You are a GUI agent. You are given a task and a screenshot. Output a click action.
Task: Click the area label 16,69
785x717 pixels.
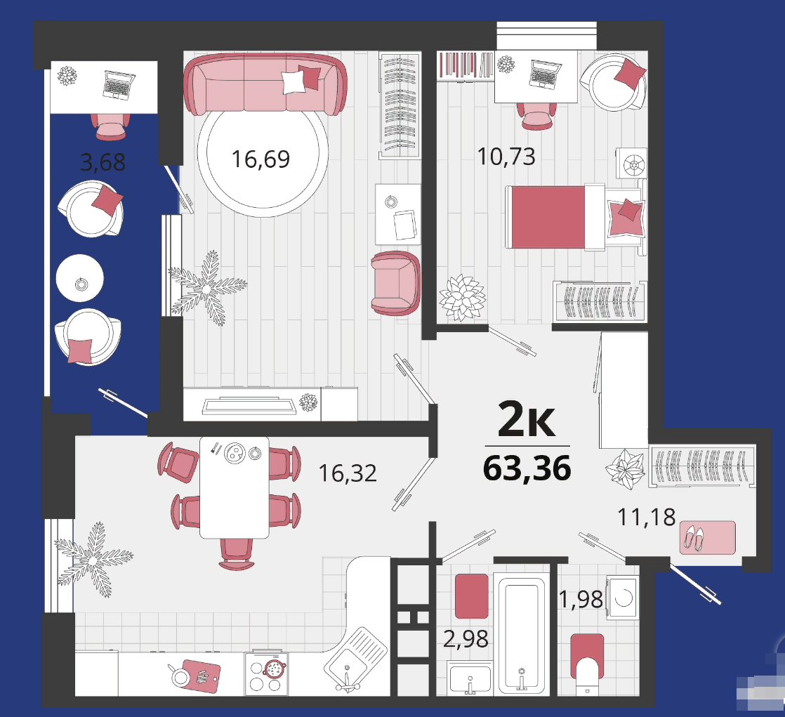click(260, 159)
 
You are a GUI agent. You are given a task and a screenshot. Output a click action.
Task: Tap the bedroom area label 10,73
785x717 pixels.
click(506, 157)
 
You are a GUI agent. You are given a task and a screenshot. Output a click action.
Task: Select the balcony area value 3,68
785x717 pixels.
click(103, 162)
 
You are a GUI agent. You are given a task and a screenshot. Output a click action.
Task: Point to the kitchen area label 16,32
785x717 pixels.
click(348, 473)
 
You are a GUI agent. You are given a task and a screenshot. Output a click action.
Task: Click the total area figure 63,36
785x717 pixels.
click(527, 468)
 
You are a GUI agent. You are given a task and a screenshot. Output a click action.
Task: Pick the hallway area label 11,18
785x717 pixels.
click(646, 518)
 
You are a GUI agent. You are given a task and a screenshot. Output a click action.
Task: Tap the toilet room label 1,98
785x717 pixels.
click(581, 599)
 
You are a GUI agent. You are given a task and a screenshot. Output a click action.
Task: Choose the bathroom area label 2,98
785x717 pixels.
click(466, 639)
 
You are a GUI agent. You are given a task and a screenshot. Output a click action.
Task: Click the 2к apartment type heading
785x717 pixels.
click(527, 419)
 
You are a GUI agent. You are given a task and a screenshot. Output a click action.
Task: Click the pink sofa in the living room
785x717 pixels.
click(265, 84)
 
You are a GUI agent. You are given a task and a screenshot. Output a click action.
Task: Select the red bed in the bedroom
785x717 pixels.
click(575, 217)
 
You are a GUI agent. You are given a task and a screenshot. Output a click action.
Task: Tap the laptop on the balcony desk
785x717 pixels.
click(119, 84)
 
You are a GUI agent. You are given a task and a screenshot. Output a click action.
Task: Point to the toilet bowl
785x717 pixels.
click(587, 661)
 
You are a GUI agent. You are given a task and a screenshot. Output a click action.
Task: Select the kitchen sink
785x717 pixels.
click(355, 659)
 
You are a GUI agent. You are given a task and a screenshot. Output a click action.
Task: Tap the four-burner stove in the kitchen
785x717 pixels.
click(267, 673)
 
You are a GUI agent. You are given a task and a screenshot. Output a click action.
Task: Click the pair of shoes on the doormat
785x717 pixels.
click(694, 538)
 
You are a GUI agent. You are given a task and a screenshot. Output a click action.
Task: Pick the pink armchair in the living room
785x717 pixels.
click(395, 284)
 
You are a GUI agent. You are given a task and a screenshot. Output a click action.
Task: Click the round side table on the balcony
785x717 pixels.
click(80, 278)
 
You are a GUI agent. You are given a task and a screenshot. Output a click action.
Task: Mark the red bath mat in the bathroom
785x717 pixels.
click(472, 596)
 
